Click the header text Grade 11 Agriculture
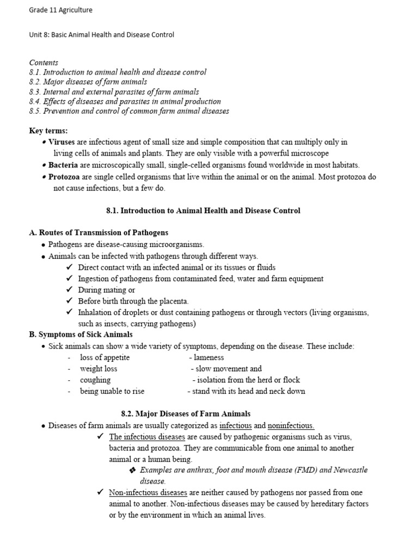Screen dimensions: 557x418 [x=61, y=10]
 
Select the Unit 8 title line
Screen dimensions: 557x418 [x=101, y=35]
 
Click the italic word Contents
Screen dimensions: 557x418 [x=44, y=63]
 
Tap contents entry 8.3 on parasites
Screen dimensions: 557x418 [x=114, y=92]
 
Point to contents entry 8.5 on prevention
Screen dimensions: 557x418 [x=129, y=111]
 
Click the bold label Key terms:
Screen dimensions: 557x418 [x=48, y=131]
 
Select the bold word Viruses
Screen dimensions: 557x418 [x=62, y=142]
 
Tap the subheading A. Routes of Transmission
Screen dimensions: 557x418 [x=99, y=232]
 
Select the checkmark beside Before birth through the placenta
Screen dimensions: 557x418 [x=69, y=301]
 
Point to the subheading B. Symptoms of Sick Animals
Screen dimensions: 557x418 [x=81, y=335]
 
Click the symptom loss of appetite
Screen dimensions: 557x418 [x=104, y=357]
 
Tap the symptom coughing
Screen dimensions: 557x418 [x=95, y=380]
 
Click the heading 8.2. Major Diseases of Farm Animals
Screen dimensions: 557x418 [x=186, y=414]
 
